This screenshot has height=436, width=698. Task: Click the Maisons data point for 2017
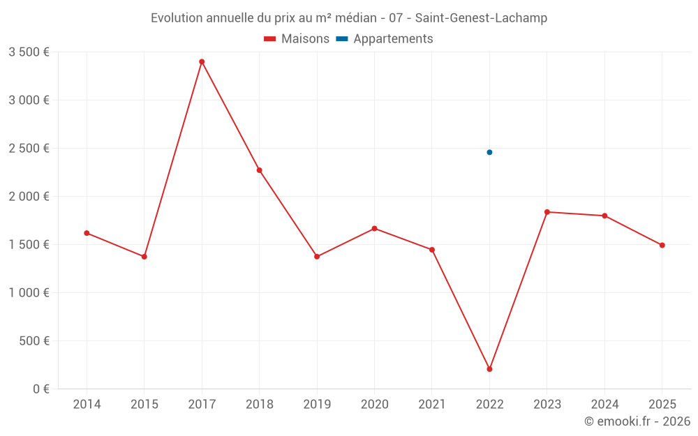click(x=202, y=62)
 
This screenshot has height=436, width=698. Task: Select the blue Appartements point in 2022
click(x=489, y=152)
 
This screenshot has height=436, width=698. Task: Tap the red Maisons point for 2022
click(x=489, y=369)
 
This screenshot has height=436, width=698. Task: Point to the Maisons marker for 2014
click(x=87, y=233)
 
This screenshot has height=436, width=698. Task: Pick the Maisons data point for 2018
click(x=259, y=170)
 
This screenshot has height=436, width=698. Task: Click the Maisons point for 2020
click(x=374, y=229)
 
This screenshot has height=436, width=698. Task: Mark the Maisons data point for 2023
click(x=547, y=212)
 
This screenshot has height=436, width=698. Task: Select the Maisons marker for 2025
click(x=662, y=246)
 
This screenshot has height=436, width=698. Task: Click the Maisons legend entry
click(x=297, y=39)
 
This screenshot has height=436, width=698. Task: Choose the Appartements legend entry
click(x=385, y=39)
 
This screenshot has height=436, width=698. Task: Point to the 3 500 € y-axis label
click(x=29, y=52)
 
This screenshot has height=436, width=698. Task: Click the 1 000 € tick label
click(x=29, y=293)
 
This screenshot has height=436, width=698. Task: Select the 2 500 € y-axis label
click(x=29, y=149)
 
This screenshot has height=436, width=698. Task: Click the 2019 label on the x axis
click(x=317, y=405)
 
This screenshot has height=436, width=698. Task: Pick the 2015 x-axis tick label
click(x=144, y=405)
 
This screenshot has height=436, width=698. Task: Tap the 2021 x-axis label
click(x=432, y=405)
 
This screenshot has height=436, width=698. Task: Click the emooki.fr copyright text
click(x=637, y=421)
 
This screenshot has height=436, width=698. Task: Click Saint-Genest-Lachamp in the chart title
click(x=481, y=18)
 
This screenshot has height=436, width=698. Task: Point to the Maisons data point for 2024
click(x=604, y=216)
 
